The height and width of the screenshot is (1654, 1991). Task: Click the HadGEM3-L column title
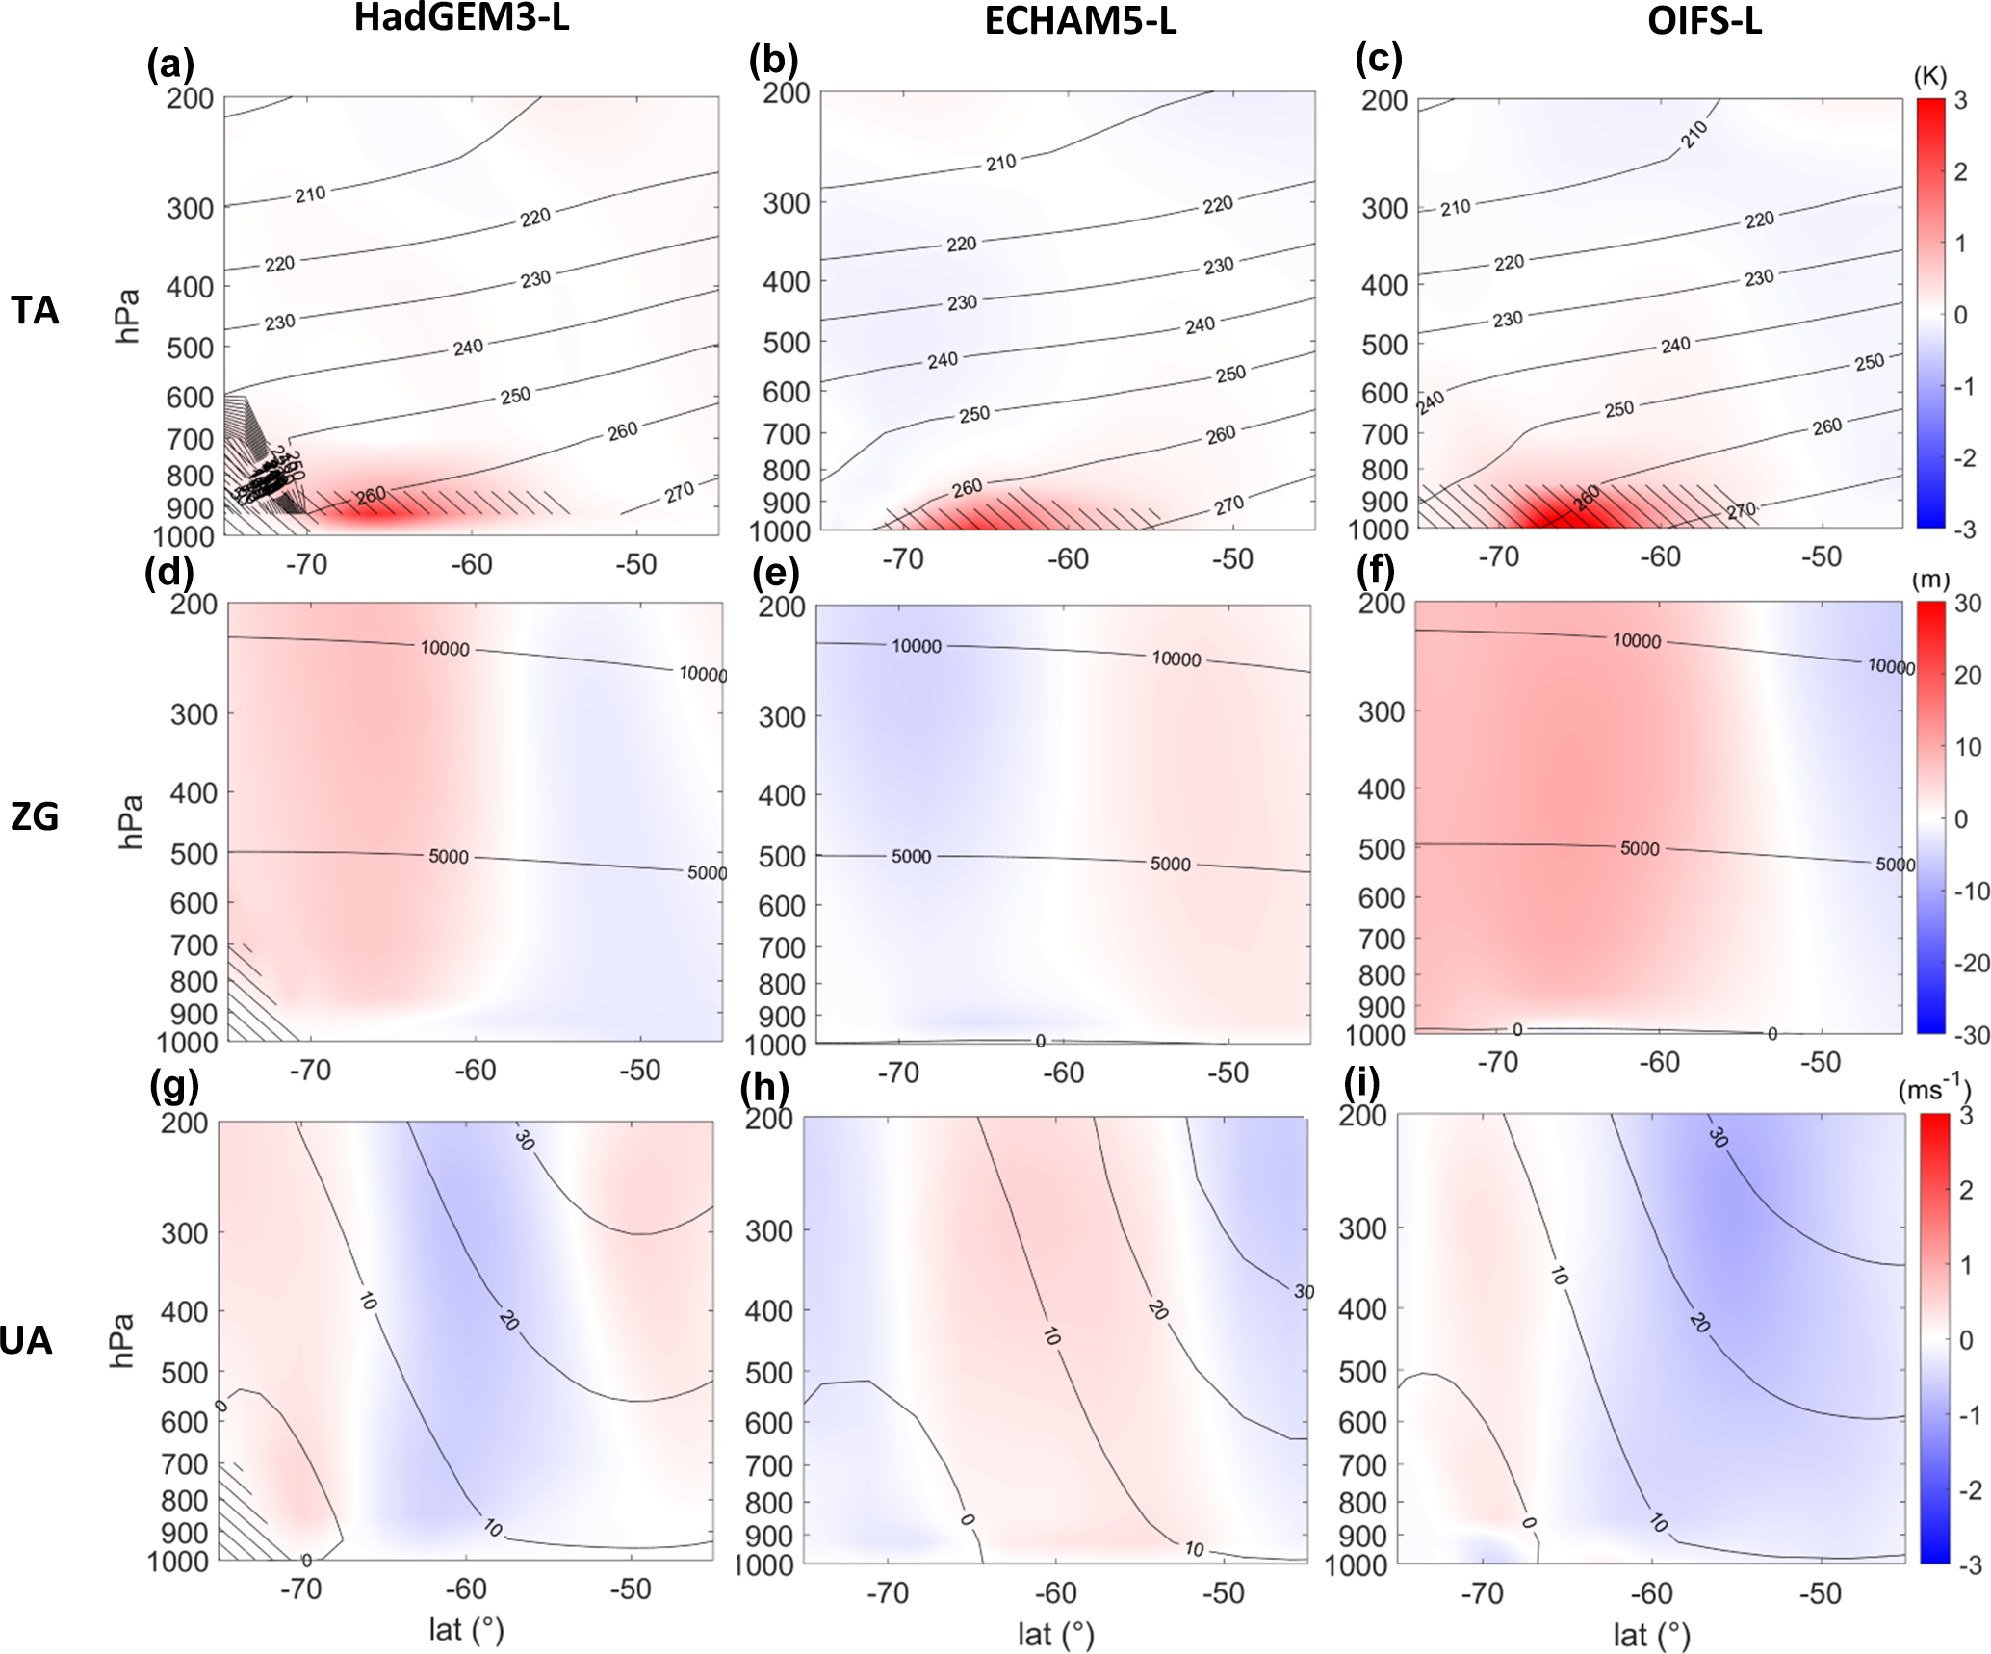click(461, 18)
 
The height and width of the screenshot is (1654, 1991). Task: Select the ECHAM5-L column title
click(1079, 21)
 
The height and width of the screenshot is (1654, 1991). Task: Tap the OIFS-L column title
click(1704, 21)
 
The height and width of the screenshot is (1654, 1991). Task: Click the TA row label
click(35, 311)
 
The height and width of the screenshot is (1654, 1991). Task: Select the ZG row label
click(35, 816)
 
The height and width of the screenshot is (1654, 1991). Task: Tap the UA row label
click(26, 1340)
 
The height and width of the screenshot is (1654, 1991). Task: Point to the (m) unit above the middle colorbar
click(1930, 581)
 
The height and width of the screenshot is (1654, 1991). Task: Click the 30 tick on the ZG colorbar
click(1968, 604)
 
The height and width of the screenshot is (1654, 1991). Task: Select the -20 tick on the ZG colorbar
click(1970, 963)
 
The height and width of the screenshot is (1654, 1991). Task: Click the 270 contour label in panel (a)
click(679, 492)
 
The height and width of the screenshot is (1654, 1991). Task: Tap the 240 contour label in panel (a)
click(468, 347)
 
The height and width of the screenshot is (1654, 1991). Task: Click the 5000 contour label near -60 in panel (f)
click(1640, 848)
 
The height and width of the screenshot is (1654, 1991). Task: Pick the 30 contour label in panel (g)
click(524, 1140)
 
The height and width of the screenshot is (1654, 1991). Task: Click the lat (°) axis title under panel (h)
click(1055, 1633)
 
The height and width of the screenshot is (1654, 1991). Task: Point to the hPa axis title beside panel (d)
click(130, 821)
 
